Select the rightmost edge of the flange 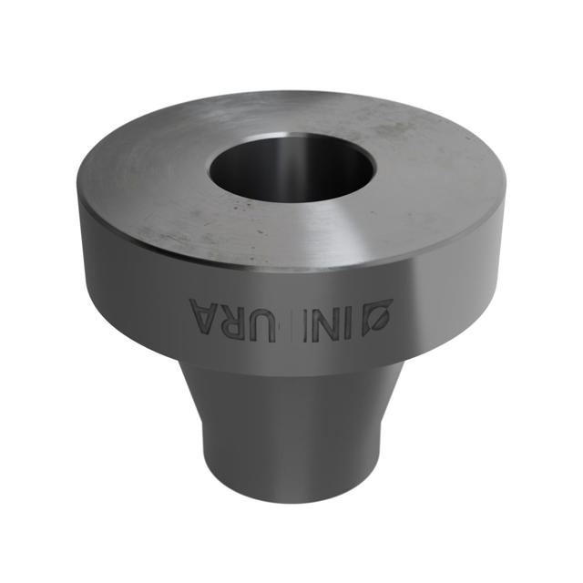504,205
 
